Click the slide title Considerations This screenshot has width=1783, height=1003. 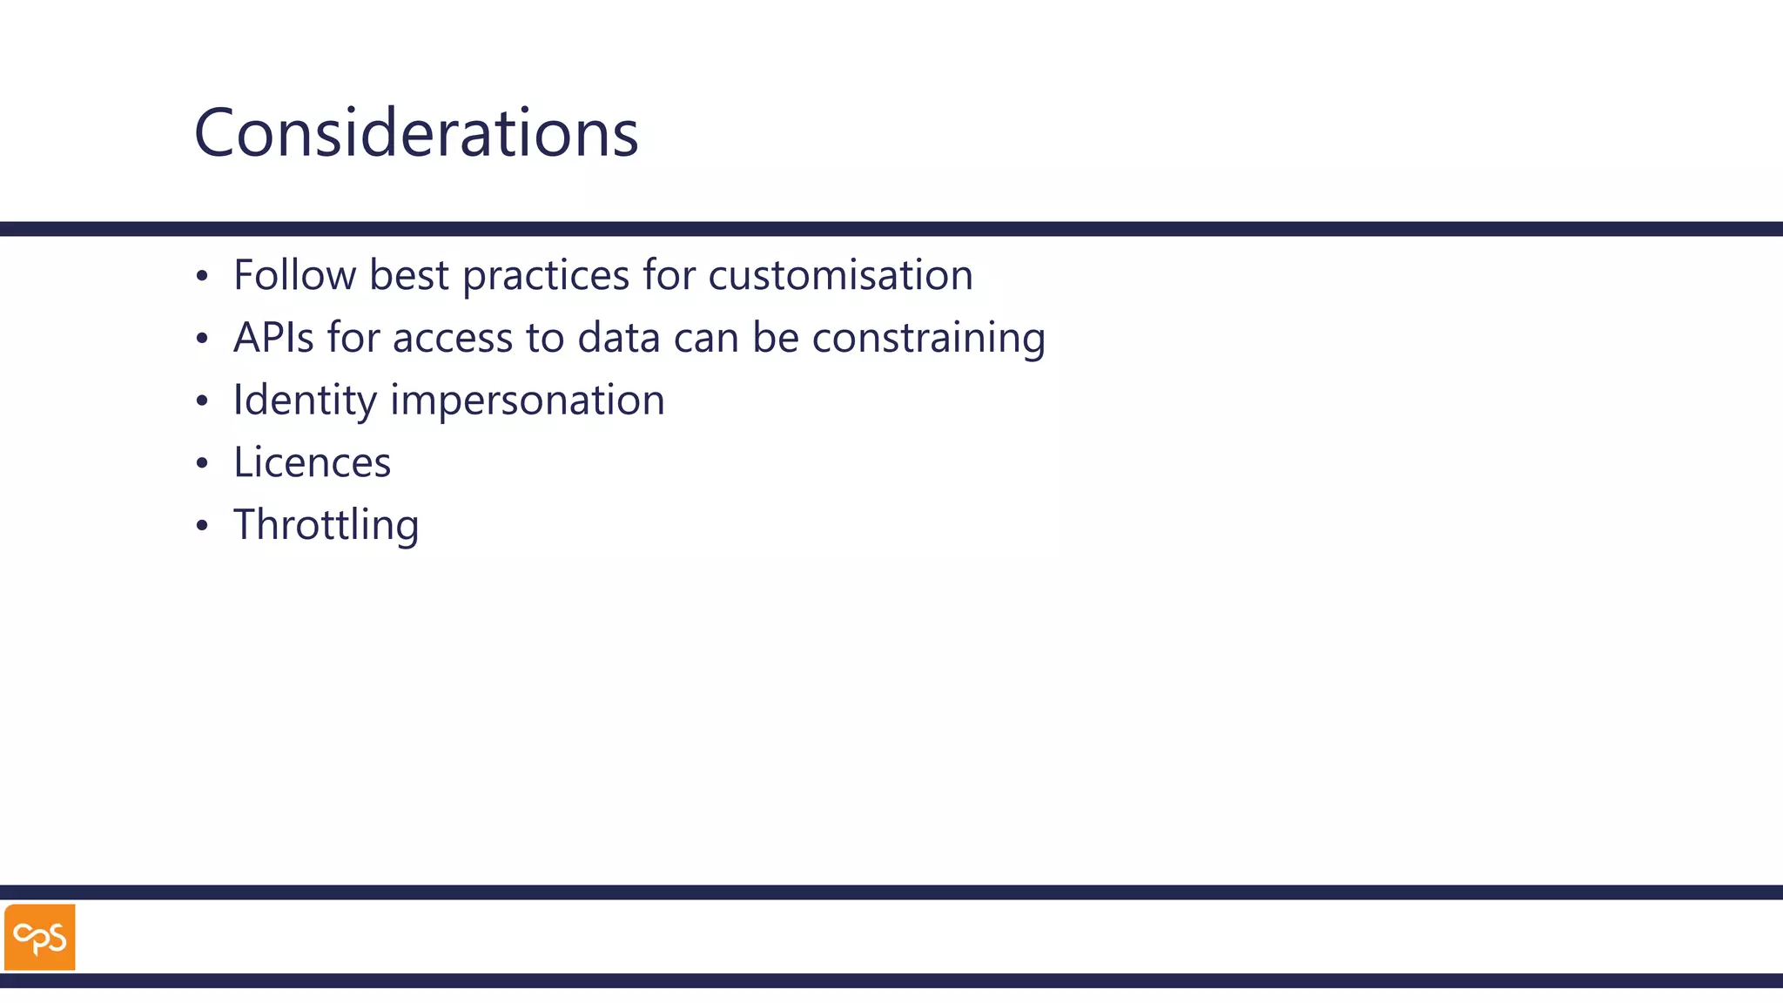(x=416, y=132)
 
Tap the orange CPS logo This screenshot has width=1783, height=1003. (x=40, y=937)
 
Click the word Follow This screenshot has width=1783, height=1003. (x=294, y=275)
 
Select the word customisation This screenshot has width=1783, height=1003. (x=840, y=275)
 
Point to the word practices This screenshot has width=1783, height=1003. (x=546, y=275)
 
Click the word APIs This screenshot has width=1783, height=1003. (x=273, y=338)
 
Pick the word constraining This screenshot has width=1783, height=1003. (x=928, y=338)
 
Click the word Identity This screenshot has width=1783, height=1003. (x=305, y=401)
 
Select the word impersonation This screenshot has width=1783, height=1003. (x=528, y=401)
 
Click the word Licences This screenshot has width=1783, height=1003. (x=312, y=462)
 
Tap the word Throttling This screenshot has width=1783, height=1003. (x=326, y=525)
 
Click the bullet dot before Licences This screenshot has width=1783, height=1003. (x=202, y=463)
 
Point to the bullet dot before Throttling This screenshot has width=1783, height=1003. (x=202, y=526)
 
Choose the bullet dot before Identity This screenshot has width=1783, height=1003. (x=202, y=401)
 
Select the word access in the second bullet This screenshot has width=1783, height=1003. (x=453, y=338)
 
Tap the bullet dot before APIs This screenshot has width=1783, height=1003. (x=202, y=339)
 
